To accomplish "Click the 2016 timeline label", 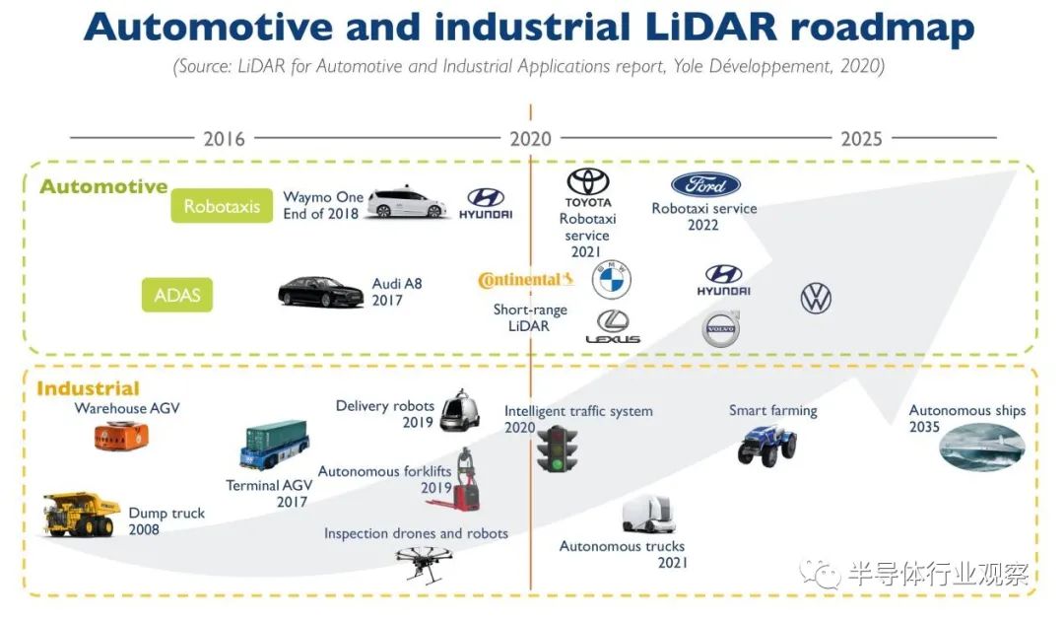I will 224,139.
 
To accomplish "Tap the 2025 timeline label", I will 861,139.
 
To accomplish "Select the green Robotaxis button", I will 222,206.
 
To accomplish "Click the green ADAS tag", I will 177,295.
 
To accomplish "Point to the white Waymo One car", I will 406,203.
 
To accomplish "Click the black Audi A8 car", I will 320,292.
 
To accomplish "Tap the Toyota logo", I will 588,182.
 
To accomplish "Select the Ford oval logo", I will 705,184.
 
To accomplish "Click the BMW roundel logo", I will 611,280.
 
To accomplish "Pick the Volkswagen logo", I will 816,298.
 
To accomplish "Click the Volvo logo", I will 720,329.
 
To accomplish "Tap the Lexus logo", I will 613,326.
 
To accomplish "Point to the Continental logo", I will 525,280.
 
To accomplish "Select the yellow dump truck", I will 81,516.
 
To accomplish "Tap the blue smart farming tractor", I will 766,445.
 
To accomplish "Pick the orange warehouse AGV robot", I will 121,436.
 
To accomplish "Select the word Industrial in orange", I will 88,388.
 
